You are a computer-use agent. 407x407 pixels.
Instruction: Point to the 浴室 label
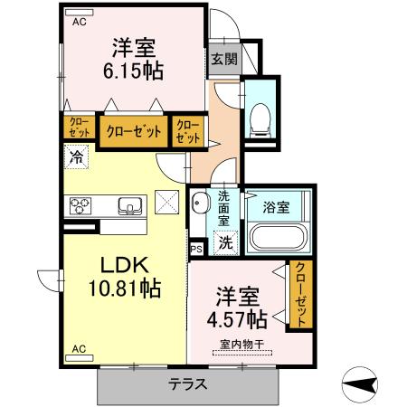(x=277, y=207)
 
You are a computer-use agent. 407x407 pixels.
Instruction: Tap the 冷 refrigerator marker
(x=75, y=156)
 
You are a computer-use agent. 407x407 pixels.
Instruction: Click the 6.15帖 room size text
(x=137, y=71)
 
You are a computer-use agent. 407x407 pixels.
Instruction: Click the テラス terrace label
(x=187, y=384)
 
